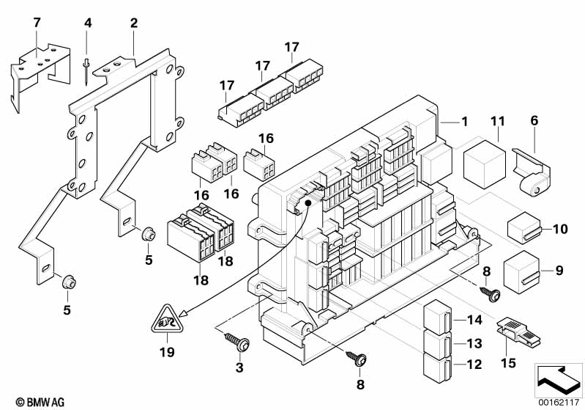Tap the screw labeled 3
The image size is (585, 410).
(236, 341)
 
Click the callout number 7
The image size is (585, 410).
(37, 23)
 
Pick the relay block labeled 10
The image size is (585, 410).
(523, 229)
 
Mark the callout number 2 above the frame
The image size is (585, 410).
(133, 23)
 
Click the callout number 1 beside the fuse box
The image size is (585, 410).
(465, 122)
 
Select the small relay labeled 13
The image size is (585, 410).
(436, 342)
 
